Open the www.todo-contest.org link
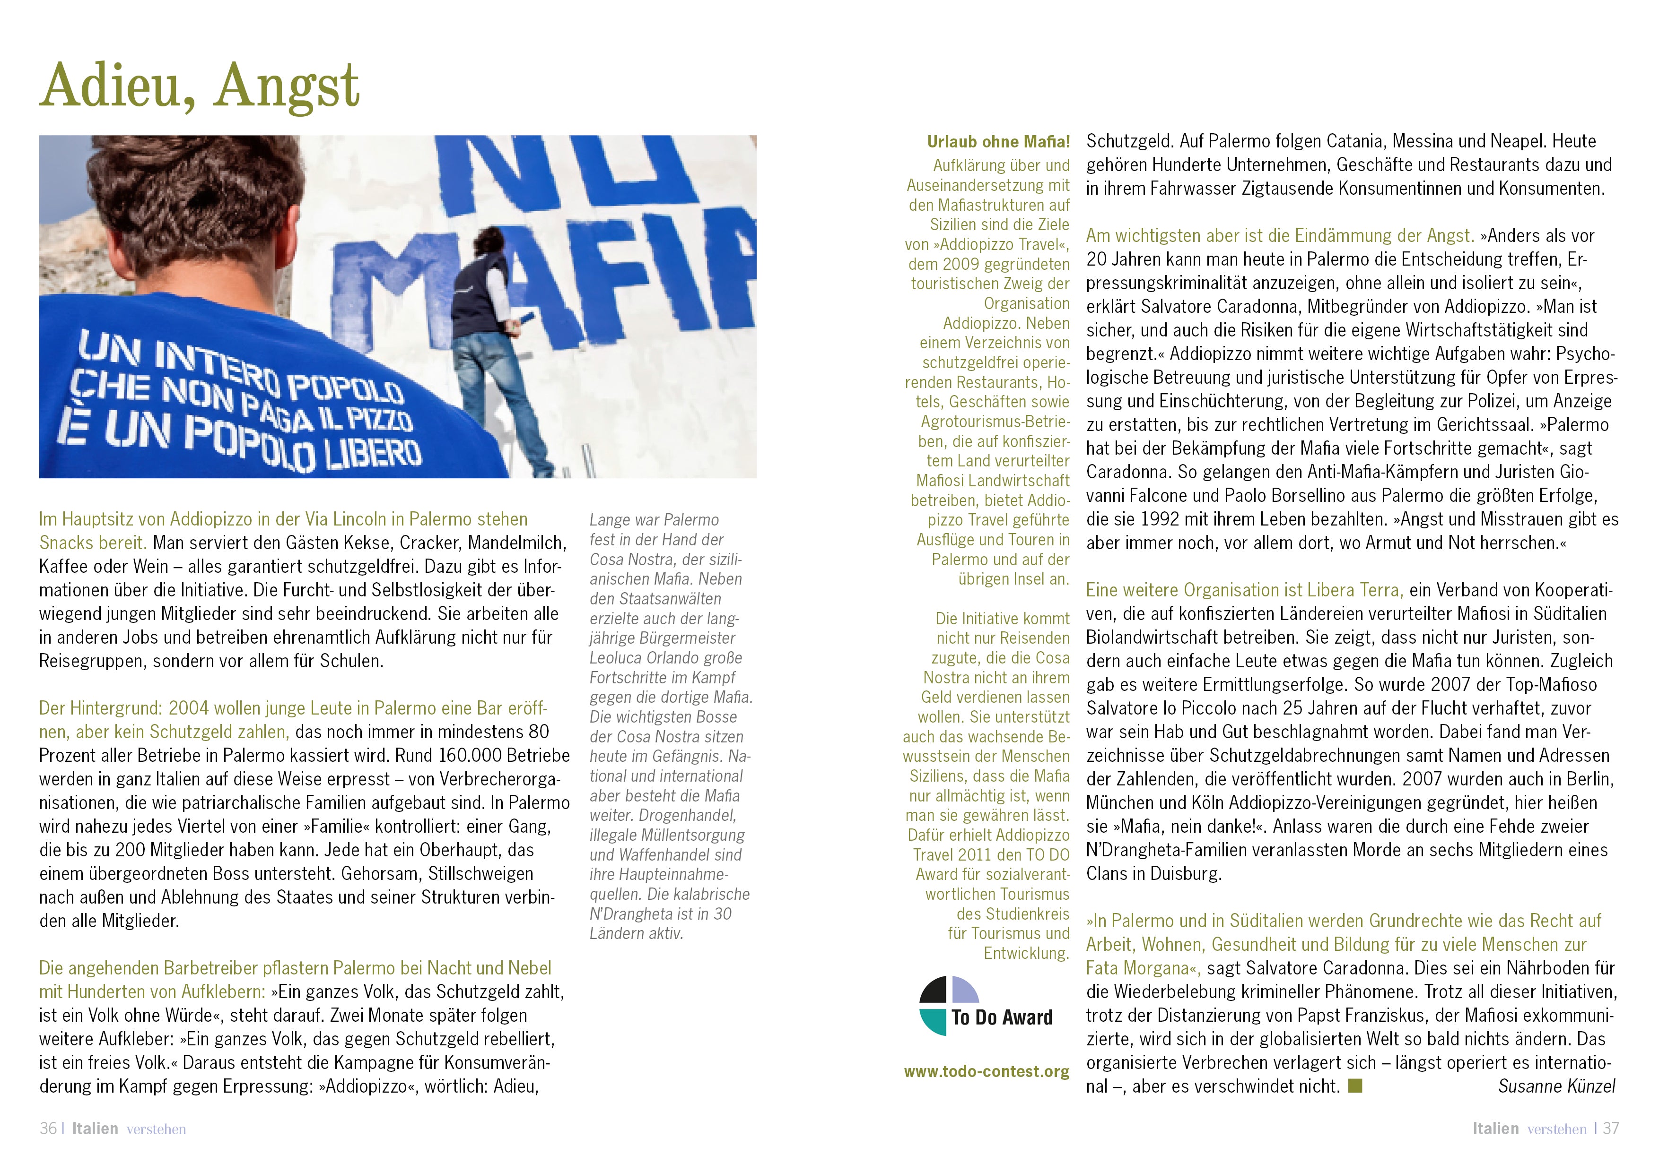click(x=987, y=1071)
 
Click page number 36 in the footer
click(x=48, y=1129)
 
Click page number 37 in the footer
click(x=1611, y=1129)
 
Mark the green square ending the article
click(x=1355, y=1086)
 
